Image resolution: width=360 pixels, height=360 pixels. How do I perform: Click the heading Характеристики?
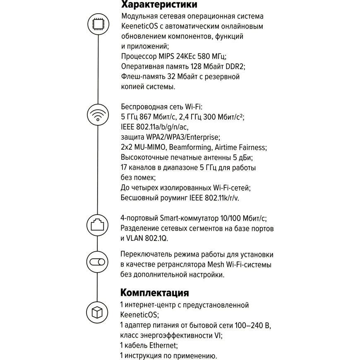159,5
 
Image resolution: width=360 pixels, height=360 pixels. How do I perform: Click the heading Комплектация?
154,293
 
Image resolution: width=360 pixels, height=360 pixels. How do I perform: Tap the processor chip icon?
98,24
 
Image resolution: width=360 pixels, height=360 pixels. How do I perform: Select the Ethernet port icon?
98,224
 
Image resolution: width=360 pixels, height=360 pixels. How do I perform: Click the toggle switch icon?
98,262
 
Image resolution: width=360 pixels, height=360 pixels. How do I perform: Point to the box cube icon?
98,310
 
